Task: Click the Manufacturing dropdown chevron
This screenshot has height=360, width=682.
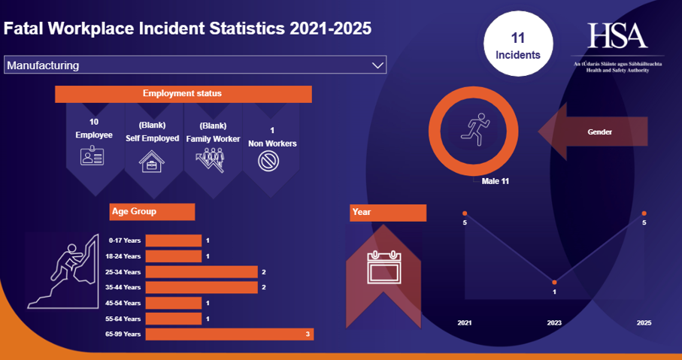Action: click(377, 65)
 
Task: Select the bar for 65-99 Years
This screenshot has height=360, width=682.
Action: click(229, 334)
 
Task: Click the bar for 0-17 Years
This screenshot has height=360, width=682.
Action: click(173, 241)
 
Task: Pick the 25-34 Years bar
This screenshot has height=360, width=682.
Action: click(201, 271)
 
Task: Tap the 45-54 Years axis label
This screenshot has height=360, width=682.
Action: click(124, 303)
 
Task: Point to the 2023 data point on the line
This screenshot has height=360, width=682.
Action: click(554, 283)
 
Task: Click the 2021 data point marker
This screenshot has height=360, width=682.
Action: click(465, 213)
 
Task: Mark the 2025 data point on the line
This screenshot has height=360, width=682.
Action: click(644, 213)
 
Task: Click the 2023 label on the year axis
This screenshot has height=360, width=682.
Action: click(554, 322)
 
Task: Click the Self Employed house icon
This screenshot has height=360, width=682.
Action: click(152, 160)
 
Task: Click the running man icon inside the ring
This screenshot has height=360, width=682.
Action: click(475, 126)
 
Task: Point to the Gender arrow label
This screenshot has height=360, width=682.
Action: click(599, 132)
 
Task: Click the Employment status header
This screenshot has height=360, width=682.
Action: click(183, 94)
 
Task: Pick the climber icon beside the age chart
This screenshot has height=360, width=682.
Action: click(65, 271)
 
